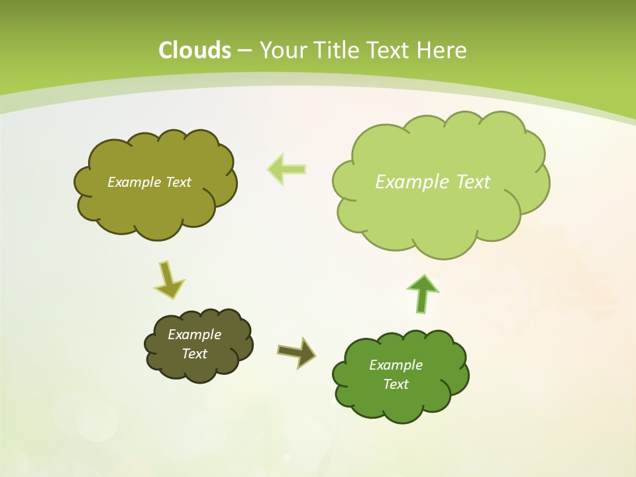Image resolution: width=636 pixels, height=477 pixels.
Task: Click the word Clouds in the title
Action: pyautogui.click(x=195, y=50)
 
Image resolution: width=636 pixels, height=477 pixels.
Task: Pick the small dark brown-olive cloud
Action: pyautogui.click(x=199, y=368)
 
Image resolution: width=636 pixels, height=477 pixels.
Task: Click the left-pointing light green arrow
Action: pyautogui.click(x=286, y=169)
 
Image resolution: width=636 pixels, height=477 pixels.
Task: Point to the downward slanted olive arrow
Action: pyautogui.click(x=168, y=280)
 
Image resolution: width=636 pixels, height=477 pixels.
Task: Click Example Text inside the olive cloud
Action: pyautogui.click(x=149, y=182)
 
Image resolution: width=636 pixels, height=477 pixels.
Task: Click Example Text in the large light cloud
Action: pyautogui.click(x=433, y=182)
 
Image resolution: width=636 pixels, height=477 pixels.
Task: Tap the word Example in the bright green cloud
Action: pyautogui.click(x=396, y=365)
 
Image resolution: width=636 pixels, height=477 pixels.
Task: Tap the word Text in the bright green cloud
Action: pyautogui.click(x=396, y=384)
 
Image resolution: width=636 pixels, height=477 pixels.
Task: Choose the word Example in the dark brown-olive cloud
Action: pyautogui.click(x=194, y=335)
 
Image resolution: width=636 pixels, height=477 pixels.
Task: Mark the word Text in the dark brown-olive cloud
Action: pyautogui.click(x=194, y=354)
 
